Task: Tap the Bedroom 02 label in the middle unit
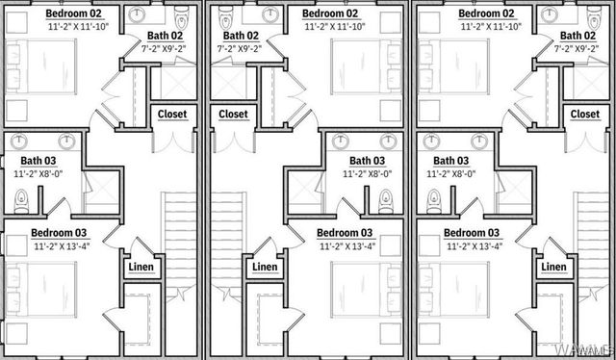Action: tap(330, 13)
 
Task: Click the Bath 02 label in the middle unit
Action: tap(238, 36)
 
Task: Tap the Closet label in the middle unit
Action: tap(233, 115)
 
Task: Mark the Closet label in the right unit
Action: tap(584, 115)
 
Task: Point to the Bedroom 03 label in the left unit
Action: tap(59, 233)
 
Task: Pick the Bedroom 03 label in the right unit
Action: tap(472, 233)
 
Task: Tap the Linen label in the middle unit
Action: tap(265, 267)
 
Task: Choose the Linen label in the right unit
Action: tap(553, 267)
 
